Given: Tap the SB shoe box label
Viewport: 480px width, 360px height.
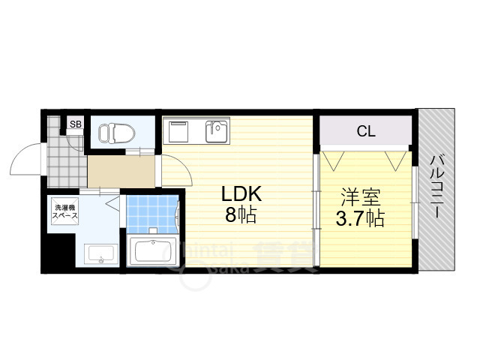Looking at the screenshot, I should coord(76,124).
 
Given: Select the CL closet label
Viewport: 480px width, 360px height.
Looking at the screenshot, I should coord(365,132).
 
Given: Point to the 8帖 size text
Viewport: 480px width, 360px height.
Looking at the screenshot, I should coord(241,216).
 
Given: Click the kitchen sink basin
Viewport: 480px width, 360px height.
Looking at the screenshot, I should coord(218,132).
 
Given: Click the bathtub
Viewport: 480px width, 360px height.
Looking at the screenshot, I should coord(153,250).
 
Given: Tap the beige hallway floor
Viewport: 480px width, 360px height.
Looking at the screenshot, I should coord(120,172).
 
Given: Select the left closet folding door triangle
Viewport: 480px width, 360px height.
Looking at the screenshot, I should coord(334,159).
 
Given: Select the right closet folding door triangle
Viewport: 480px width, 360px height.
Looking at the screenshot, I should coord(396,159).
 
